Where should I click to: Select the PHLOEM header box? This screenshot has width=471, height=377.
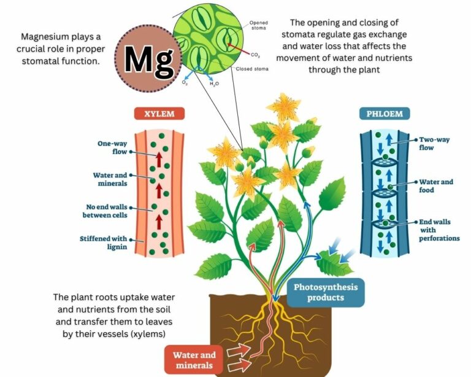coord(384,114)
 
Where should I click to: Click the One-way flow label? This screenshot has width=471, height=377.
coord(111,147)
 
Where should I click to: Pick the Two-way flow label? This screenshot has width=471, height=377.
coord(434,144)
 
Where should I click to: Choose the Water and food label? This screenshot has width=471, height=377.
coord(436,186)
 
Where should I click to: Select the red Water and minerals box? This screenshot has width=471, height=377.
coord(194,359)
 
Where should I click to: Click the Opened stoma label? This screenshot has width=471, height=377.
coord(259,26)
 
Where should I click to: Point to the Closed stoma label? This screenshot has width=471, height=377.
coord(251,69)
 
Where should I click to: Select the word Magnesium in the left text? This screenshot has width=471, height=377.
coord(50,36)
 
